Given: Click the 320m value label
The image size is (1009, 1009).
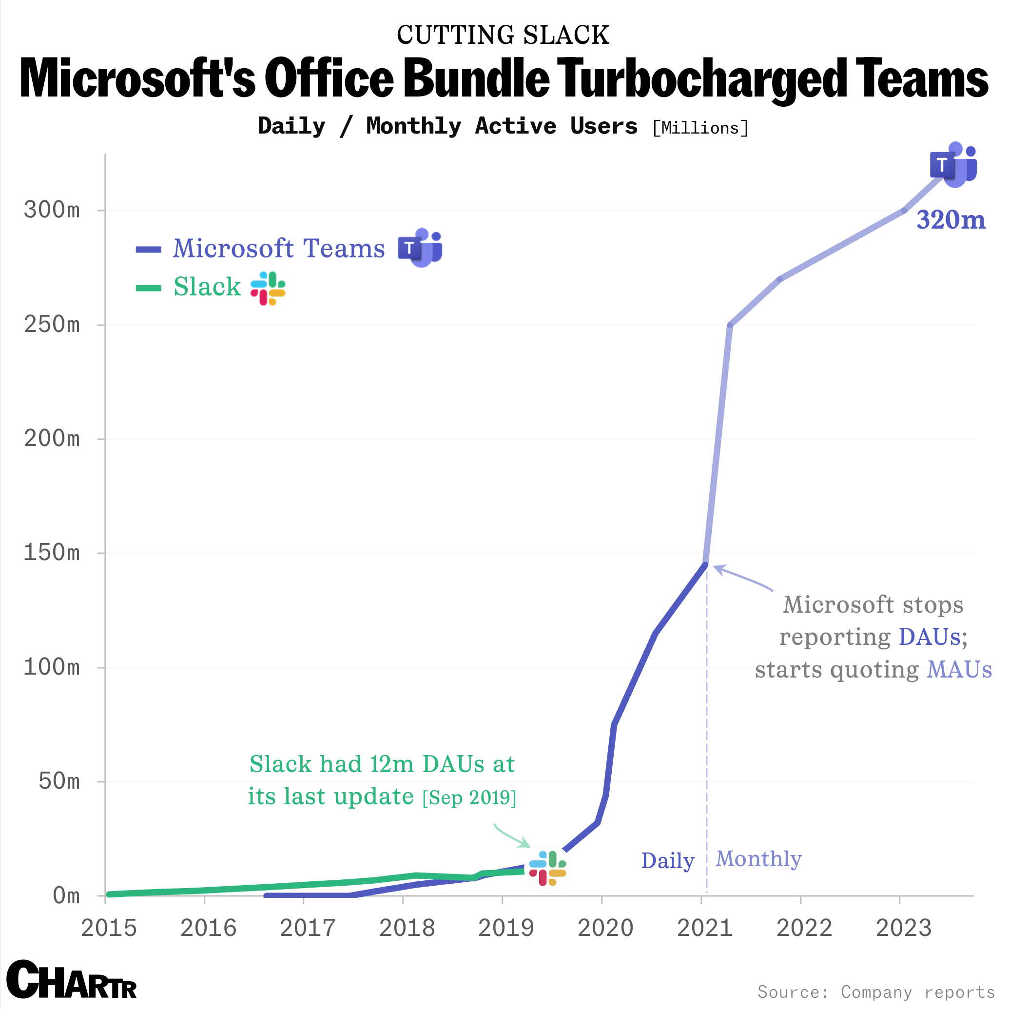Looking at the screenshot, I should click(951, 220).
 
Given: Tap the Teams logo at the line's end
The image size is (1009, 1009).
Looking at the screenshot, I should click(953, 165).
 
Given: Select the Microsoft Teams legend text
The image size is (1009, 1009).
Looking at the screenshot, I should click(278, 249).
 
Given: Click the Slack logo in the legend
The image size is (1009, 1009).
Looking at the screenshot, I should click(268, 288).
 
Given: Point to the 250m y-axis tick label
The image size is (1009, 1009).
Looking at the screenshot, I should click(52, 325).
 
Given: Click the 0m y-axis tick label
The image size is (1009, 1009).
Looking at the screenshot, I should click(66, 896).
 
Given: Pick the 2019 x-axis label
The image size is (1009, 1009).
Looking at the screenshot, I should click(505, 928).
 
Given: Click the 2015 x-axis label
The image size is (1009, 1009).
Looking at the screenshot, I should click(109, 928).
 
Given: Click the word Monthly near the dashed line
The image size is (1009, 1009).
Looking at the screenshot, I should click(758, 859).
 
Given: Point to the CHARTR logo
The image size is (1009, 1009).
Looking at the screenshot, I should click(72, 980).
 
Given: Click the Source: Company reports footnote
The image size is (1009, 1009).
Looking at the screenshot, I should click(876, 992).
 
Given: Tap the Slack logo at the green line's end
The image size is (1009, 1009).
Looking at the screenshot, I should click(547, 869).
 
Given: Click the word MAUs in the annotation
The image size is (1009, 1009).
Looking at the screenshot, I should click(959, 670).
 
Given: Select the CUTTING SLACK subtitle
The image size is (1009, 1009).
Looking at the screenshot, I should click(503, 36).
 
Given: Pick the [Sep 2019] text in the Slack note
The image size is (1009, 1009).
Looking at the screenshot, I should click(469, 798).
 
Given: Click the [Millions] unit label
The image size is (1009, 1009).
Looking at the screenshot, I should click(700, 128).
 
